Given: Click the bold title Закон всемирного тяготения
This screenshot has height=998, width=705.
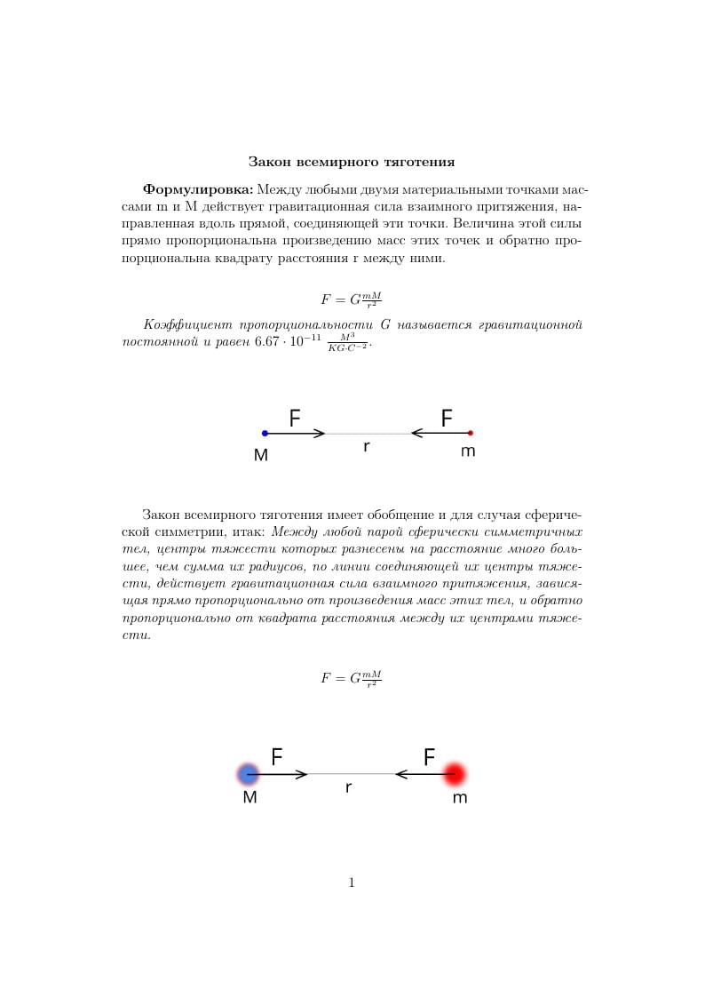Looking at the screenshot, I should [x=352, y=162].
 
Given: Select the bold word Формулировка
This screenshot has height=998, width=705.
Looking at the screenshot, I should [x=198, y=189].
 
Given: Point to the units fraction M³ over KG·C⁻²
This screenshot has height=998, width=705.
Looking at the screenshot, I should [x=347, y=342].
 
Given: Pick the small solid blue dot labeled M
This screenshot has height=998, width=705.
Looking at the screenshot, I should [x=265, y=433].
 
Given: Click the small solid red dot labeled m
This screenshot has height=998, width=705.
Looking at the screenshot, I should [x=471, y=433].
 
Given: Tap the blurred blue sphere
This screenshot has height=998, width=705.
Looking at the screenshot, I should [x=249, y=773].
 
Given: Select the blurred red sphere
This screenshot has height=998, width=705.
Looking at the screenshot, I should [x=455, y=773].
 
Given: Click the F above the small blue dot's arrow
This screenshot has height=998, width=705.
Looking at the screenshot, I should [x=295, y=418].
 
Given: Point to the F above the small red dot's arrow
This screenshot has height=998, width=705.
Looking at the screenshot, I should [x=447, y=418].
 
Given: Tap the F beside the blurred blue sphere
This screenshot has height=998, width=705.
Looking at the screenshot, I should [x=277, y=757].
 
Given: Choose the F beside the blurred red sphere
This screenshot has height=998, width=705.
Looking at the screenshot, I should [x=429, y=757].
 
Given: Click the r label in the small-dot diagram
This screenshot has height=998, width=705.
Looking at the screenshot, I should [x=366, y=447].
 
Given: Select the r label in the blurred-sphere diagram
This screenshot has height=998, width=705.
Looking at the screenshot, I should [x=349, y=787].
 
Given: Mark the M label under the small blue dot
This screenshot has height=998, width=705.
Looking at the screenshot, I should [x=261, y=454].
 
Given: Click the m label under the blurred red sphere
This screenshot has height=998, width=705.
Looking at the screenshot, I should [x=459, y=798].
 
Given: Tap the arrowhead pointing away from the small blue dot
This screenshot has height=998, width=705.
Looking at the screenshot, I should [x=321, y=433].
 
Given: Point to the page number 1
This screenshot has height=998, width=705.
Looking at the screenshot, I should [x=352, y=882].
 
